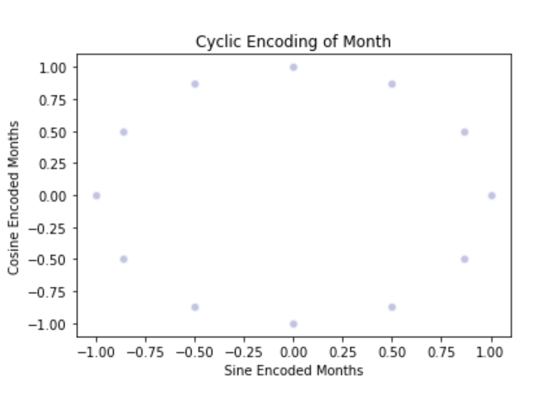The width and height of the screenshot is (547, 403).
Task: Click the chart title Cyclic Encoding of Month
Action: [x=294, y=42]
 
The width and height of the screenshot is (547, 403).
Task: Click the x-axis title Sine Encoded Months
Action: [x=294, y=370]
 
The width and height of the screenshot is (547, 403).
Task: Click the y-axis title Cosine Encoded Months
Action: [x=14, y=196]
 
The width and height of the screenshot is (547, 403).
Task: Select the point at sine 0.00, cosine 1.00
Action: [x=294, y=67]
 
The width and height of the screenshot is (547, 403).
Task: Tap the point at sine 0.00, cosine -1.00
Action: [x=294, y=324]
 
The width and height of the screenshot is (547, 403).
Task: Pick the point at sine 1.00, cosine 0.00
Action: [x=492, y=195]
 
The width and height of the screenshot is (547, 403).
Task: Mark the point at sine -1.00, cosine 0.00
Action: [x=96, y=195]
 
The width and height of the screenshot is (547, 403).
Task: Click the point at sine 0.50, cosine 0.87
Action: [x=392, y=84]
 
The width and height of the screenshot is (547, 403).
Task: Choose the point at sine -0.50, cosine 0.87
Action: [x=195, y=84]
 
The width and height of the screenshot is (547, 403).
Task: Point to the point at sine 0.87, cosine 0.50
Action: [x=465, y=132]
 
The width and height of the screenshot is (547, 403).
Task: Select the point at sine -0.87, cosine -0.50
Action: [x=124, y=259]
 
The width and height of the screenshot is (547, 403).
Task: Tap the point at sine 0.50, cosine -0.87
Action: [x=392, y=307]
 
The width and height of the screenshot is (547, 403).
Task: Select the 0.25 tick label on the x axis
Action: [x=343, y=352]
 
